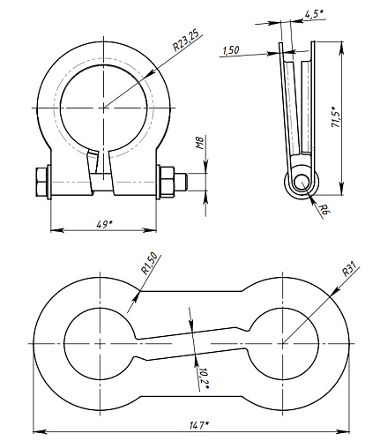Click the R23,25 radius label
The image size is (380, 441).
(x=186, y=40)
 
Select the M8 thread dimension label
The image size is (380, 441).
(x=200, y=143)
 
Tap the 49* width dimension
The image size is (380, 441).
(x=104, y=225)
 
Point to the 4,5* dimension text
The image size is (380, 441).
(x=314, y=14)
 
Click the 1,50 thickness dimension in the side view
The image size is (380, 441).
(x=231, y=50)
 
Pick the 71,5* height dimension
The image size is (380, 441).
(x=336, y=119)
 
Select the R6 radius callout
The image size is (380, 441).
(x=324, y=210)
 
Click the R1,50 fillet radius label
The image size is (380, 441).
(x=149, y=263)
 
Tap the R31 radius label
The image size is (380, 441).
(x=350, y=269)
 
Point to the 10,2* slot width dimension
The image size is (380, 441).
(x=204, y=377)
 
